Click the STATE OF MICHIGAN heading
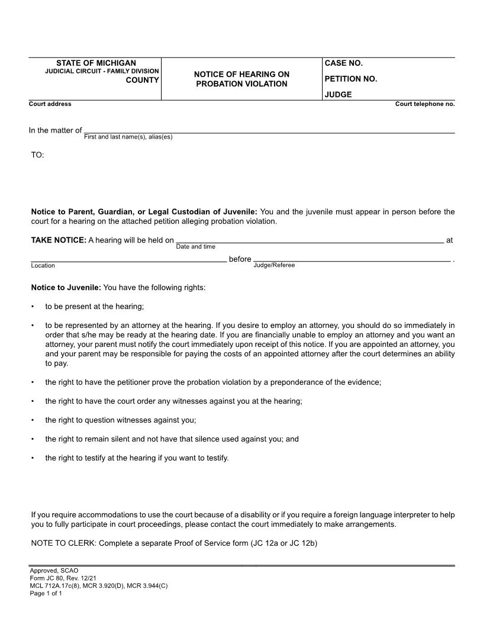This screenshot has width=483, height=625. pos(96,63)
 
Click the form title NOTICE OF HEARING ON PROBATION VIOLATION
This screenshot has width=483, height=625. pos(241,79)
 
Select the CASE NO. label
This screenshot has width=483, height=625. pos(343,63)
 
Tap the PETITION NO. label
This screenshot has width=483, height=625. pos(350,79)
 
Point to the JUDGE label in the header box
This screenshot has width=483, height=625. pos(338,94)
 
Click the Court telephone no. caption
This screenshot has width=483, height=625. pos(424,104)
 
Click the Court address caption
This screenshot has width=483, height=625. pos(50,104)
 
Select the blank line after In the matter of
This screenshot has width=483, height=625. pos(269,131)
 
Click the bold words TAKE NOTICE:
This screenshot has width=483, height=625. pos(59,240)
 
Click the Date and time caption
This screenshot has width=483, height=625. pos(195,247)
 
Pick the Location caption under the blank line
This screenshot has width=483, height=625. pos(43,266)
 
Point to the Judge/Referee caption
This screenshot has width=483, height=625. pos(273,265)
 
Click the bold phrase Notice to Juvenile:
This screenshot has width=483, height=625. pos(66,288)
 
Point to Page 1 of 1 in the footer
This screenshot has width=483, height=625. pos(46,593)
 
